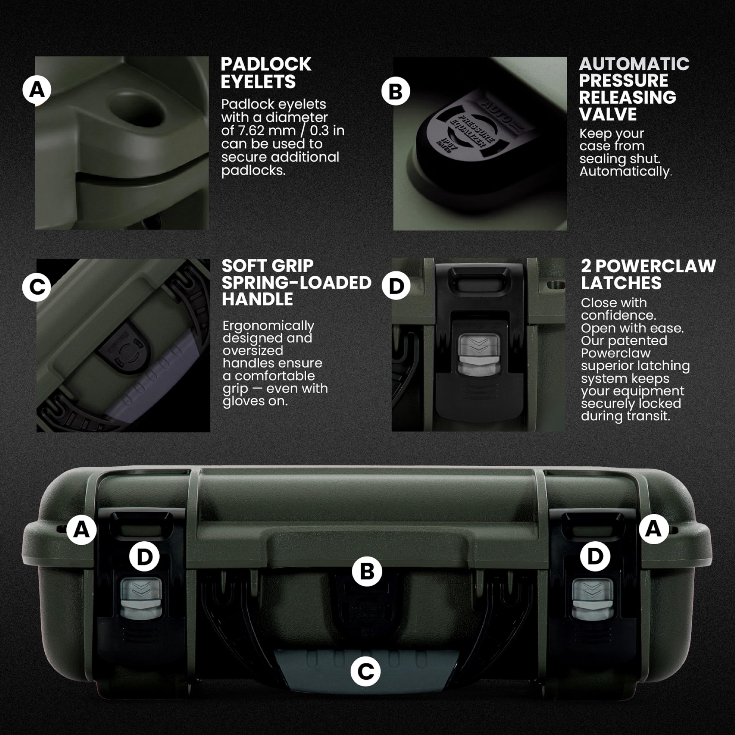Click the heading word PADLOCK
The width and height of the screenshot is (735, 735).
click(266, 64)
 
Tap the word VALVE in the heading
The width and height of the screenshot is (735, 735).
click(608, 114)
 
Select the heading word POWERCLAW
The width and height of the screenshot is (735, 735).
click(655, 266)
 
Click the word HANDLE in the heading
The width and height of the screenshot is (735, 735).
click(258, 299)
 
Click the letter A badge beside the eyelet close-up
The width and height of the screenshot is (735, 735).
click(37, 90)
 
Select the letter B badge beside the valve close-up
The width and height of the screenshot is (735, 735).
click(396, 91)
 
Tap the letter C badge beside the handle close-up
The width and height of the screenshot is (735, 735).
click(36, 287)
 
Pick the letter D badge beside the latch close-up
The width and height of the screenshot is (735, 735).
click(396, 286)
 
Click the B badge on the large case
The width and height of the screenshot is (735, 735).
click(367, 571)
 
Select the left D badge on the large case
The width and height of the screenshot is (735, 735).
click(144, 557)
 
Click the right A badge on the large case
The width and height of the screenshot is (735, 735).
click(653, 529)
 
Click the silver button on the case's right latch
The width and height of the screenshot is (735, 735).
click(592, 599)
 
